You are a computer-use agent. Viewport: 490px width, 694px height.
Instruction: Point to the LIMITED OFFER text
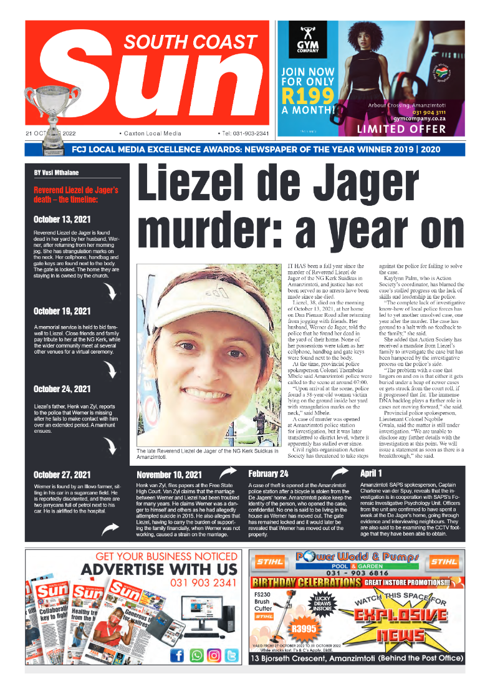[x=401, y=130]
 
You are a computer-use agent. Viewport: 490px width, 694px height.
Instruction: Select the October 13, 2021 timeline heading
[x=62, y=219]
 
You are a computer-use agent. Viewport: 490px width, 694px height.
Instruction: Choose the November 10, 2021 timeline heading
[x=169, y=475]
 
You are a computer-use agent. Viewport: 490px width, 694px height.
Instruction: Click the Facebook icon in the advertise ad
[x=177, y=655]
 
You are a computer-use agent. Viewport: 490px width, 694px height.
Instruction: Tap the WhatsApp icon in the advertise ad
[x=196, y=655]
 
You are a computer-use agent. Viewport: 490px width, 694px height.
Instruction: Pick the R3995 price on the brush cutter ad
[x=304, y=629]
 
